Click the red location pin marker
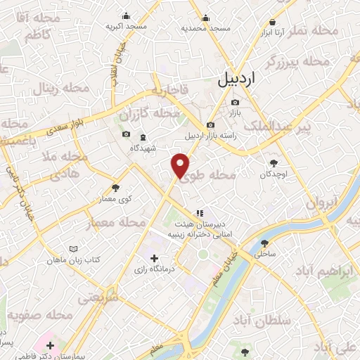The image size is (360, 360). (181, 165)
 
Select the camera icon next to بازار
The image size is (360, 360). (235, 103)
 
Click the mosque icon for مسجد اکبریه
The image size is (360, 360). (126, 15)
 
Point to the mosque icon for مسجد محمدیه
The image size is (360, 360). (205, 17)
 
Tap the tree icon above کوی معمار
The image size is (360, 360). (115, 188)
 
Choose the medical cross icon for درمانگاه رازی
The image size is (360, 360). (155, 258)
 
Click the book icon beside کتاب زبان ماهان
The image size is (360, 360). (74, 249)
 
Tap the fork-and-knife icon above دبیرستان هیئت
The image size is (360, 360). (200, 212)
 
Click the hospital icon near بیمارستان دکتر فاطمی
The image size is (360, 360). (50, 345)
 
